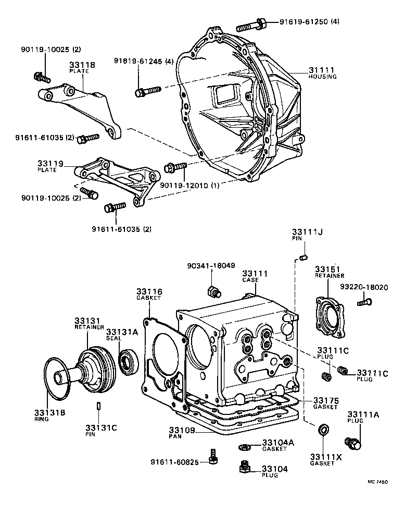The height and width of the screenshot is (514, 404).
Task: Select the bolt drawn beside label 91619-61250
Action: pos(252,25)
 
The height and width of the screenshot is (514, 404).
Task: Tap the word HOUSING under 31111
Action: pos(323,77)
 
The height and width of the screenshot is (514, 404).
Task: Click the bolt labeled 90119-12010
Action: pos(175,167)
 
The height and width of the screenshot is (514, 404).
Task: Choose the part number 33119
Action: pos(50,164)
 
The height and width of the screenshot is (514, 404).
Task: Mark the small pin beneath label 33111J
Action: pos(305,255)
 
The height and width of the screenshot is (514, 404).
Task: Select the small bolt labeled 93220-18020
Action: pos(365,301)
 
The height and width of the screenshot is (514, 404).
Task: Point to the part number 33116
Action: pos(149,291)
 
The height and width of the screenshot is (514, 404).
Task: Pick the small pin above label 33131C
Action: pos(98,406)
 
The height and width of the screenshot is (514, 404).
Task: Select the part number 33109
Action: pos(182,431)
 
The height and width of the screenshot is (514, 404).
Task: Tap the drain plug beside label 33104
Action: pos(243,467)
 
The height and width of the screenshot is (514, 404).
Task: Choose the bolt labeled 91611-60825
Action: pos(212,456)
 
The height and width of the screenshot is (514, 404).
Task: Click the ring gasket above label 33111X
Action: pos(323,430)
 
